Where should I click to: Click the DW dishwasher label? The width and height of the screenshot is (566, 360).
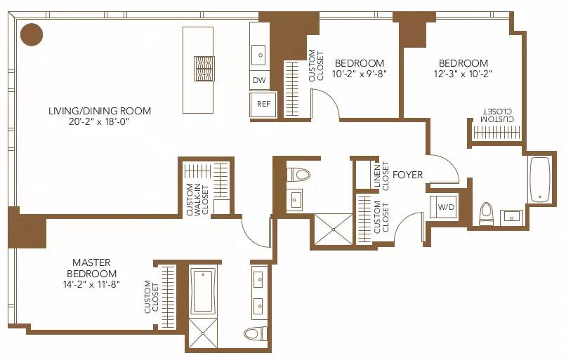(260, 81)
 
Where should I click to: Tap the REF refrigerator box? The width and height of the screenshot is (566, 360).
(263, 104)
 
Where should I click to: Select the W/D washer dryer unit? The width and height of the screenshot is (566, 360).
(445, 208)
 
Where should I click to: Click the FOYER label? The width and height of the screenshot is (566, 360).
(407, 174)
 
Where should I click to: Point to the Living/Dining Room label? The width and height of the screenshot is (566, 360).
(100, 111)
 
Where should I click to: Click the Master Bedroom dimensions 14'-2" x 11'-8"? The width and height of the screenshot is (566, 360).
(92, 284)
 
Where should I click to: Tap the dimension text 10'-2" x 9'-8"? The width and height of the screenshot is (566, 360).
(359, 73)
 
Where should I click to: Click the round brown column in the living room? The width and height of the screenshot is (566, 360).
(32, 34)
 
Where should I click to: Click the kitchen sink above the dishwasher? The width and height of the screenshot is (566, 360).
(258, 53)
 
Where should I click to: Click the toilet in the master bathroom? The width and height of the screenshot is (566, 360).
(254, 333)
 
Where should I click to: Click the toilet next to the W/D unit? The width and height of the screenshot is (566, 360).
(486, 213)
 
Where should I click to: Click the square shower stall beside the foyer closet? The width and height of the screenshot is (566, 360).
(333, 229)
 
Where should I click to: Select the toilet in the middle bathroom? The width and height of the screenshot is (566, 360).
(300, 174)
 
